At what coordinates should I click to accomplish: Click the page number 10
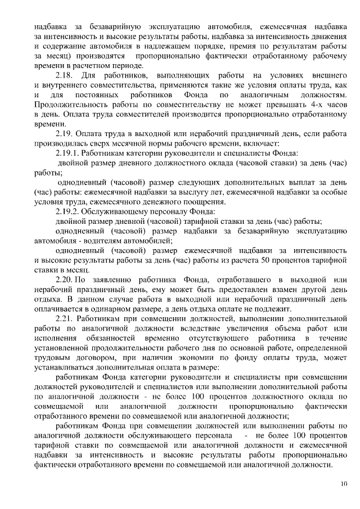[x=344, y=483]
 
